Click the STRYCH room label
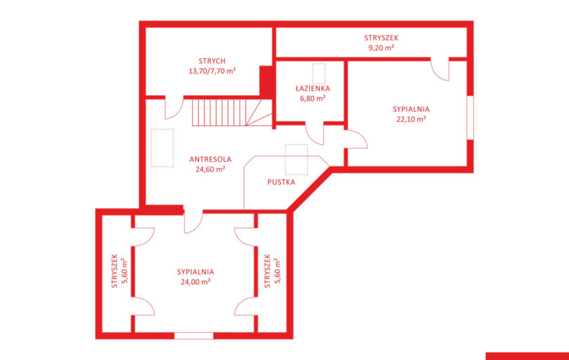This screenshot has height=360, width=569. pos(212,61)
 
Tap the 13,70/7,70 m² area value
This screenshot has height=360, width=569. pos(212,71)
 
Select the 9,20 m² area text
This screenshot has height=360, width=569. pos(381,48)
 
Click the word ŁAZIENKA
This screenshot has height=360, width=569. pos(313,88)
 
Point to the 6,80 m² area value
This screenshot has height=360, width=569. pos(313,98)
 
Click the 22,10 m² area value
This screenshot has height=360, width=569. pos(411,119)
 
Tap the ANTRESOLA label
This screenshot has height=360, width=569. pos(210,159)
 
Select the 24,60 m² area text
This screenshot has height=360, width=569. pos(210,169)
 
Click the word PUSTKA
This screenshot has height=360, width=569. pos(281,182)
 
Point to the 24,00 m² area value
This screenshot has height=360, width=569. pos(196,282)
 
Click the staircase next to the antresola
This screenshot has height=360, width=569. pos(232,112)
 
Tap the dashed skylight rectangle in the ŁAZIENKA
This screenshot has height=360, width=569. pos(318,73)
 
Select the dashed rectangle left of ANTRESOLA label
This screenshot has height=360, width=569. pos(162,148)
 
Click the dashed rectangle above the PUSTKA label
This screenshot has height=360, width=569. pos(296,160)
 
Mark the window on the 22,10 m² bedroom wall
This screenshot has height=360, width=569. pos(470,117)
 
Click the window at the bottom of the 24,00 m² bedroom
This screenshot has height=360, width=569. pos(194,336)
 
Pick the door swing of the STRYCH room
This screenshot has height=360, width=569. pos(174,108)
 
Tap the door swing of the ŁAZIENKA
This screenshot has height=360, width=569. pos(314,134)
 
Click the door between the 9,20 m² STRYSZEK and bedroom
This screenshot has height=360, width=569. pos(440,69)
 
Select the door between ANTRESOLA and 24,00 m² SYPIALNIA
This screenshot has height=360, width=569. pos(194,221)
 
